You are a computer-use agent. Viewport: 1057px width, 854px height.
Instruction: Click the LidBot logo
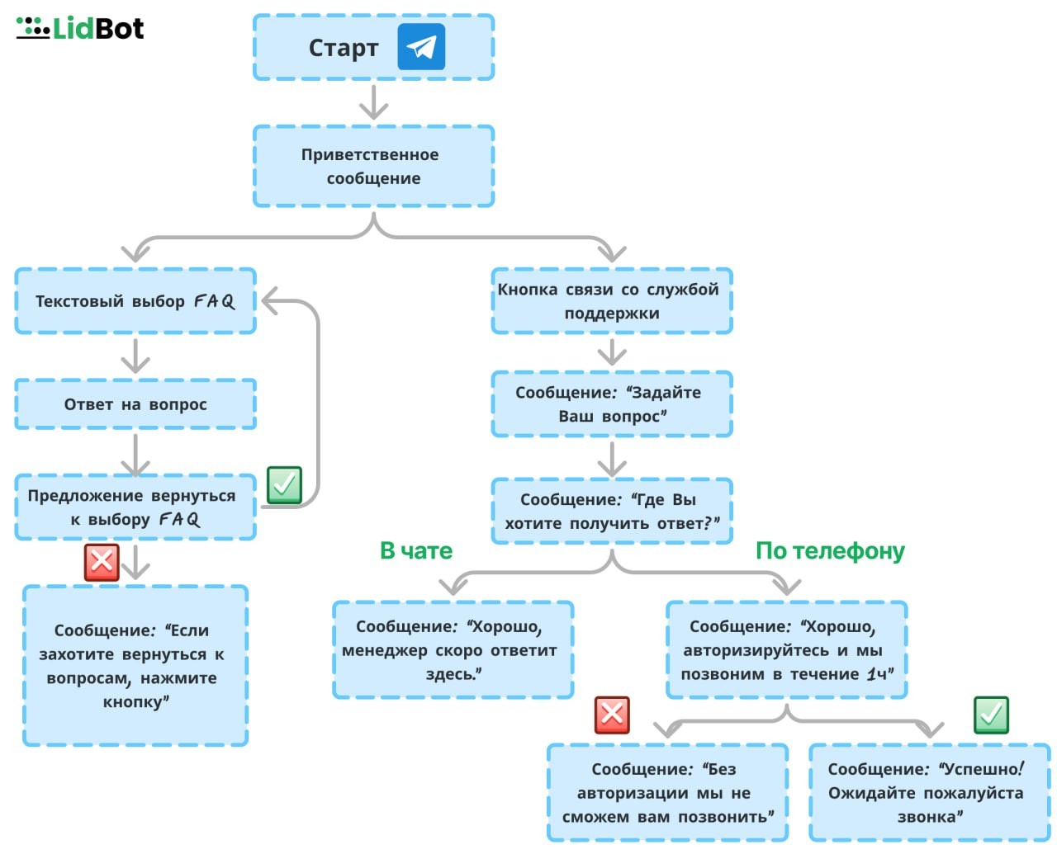(79, 28)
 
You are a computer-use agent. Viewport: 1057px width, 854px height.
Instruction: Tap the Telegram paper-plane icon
(421, 46)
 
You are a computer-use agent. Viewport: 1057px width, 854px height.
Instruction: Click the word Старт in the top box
(344, 48)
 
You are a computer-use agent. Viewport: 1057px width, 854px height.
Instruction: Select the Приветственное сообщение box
(373, 166)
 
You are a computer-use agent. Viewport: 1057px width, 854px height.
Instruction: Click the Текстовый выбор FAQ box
(135, 301)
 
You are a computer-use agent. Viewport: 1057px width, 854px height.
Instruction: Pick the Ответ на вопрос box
(135, 404)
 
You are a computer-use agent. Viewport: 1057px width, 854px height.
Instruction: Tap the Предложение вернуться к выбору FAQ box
(135, 507)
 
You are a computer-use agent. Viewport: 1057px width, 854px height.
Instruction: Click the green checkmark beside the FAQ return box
(284, 485)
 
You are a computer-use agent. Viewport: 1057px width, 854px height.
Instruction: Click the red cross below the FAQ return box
(102, 563)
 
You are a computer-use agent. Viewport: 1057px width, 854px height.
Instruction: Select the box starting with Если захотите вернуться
(135, 666)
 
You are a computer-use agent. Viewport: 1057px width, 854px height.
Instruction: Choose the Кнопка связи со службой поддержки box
(611, 301)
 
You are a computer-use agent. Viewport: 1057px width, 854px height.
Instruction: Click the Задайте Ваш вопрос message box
(611, 404)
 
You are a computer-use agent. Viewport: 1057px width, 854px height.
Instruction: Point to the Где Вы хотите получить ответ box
(611, 512)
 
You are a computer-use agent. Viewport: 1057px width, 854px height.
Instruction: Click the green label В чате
(416, 551)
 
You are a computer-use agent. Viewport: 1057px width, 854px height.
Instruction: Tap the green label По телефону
(830, 551)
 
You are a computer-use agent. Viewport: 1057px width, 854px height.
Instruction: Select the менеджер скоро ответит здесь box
(453, 649)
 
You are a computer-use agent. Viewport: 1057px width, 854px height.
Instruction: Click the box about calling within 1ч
(786, 649)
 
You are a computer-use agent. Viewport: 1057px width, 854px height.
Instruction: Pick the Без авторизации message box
(667, 792)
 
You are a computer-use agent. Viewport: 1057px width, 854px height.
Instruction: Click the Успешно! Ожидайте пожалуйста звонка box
(930, 792)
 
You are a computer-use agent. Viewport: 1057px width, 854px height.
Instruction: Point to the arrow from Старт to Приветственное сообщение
(373, 102)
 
